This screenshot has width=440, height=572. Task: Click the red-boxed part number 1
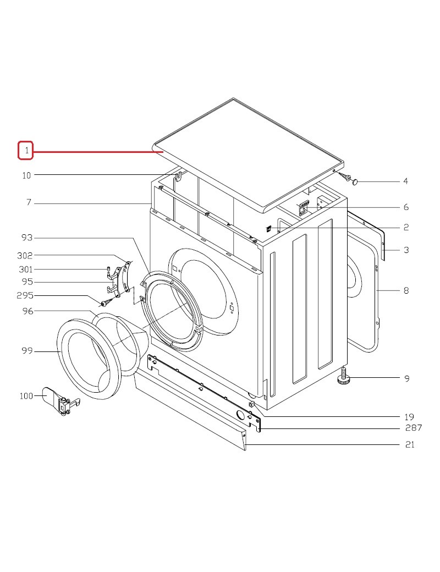[26, 150]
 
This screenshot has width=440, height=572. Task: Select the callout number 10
[26, 175]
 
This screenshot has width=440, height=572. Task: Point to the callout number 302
[25, 255]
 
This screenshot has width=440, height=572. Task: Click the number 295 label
[25, 295]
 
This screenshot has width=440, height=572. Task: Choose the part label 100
[26, 396]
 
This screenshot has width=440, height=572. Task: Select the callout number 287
[414, 427]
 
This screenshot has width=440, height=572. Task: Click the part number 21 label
[410, 444]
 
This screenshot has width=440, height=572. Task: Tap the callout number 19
[409, 416]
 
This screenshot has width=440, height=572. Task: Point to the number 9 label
[407, 378]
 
